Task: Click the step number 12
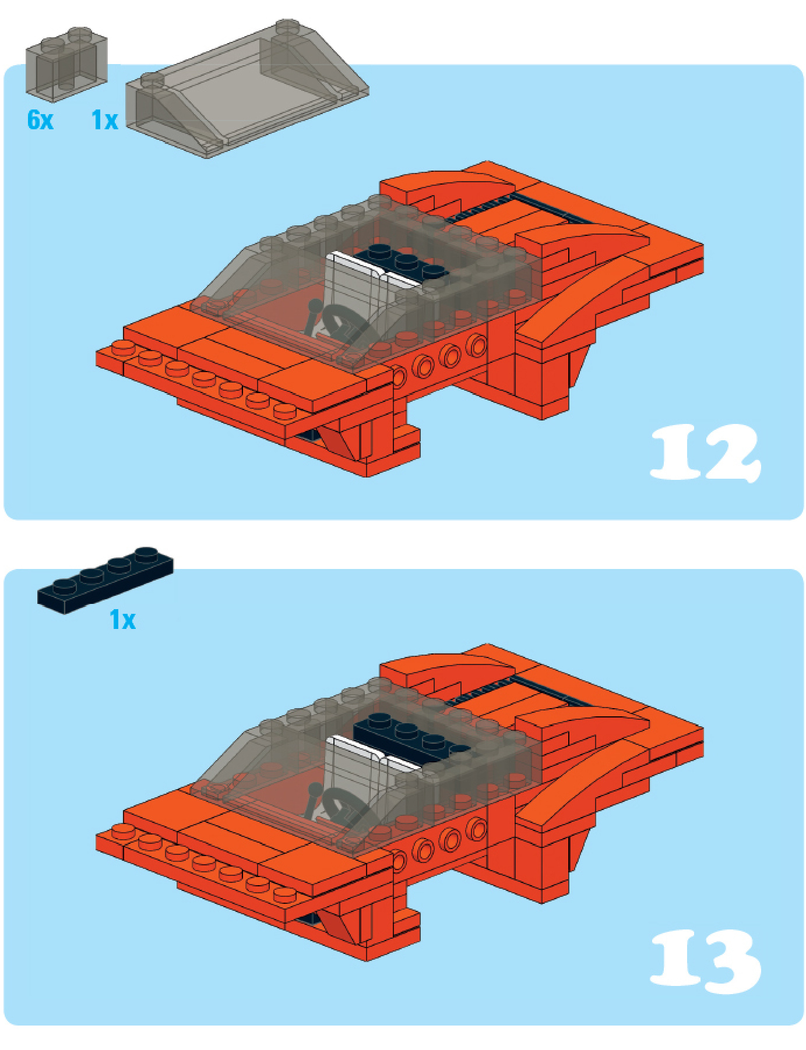[x=705, y=452]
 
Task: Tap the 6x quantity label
[x=40, y=120]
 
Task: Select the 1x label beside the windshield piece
[x=105, y=120]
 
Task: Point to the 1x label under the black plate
[x=122, y=620]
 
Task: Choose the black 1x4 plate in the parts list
[x=105, y=580]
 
